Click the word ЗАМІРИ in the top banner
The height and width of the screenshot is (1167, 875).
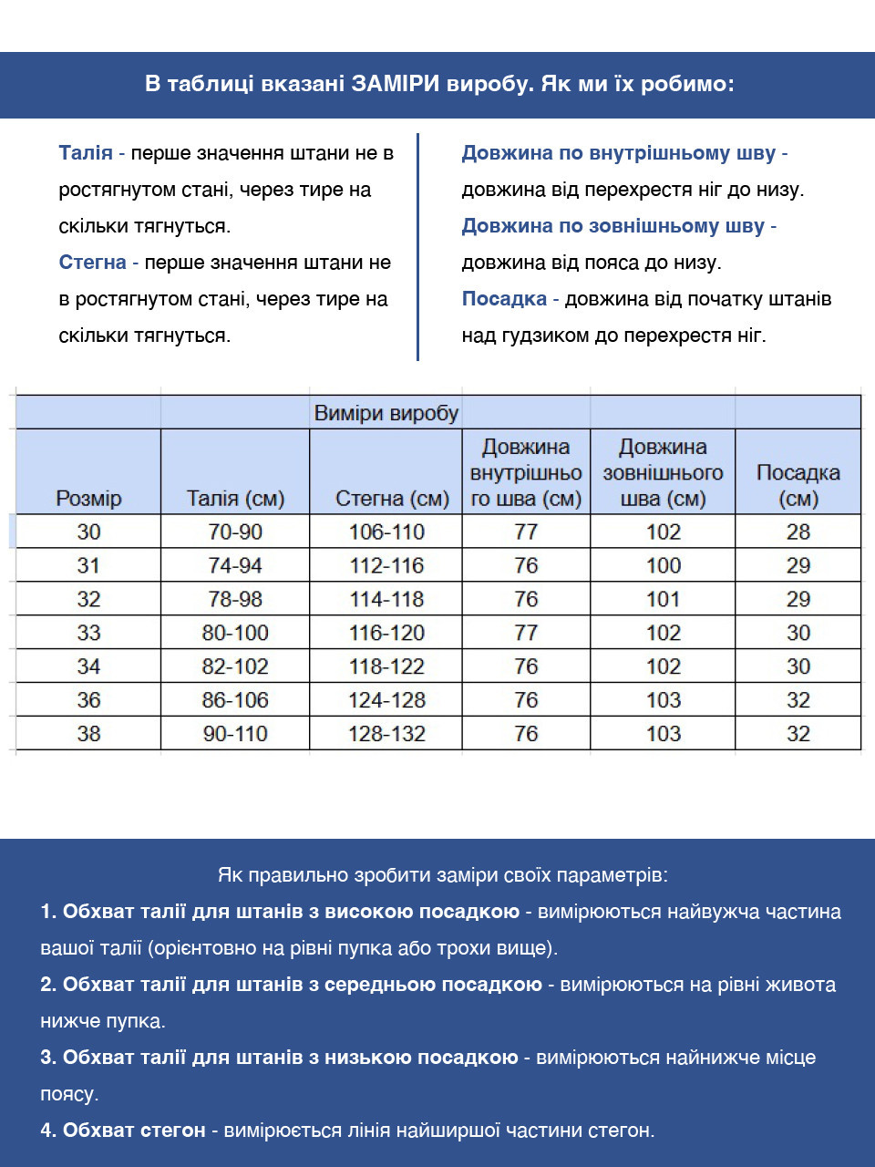[396, 84]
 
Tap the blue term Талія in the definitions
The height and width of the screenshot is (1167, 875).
[86, 153]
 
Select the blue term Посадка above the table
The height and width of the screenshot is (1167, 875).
[504, 299]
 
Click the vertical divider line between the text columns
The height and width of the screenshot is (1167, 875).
[417, 246]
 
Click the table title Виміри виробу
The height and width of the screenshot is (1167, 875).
[386, 413]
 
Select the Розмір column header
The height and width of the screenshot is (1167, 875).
[88, 498]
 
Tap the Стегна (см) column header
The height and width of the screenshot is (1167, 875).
[392, 498]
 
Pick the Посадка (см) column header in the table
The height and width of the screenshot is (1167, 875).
[798, 485]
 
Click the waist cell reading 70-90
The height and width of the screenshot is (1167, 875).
[235, 532]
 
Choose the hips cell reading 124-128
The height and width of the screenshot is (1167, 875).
[386, 700]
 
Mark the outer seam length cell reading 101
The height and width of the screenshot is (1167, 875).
[663, 599]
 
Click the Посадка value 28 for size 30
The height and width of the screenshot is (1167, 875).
[798, 532]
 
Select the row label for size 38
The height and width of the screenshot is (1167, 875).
[88, 734]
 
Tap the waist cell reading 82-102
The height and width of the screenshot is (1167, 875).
[235, 666]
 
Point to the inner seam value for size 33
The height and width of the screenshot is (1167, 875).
[526, 633]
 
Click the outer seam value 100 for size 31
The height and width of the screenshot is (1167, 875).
[663, 565]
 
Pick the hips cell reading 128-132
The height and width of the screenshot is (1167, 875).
[386, 734]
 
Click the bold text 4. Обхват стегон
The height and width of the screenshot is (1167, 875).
[123, 1131]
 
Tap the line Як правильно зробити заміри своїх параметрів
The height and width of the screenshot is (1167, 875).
[443, 875]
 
